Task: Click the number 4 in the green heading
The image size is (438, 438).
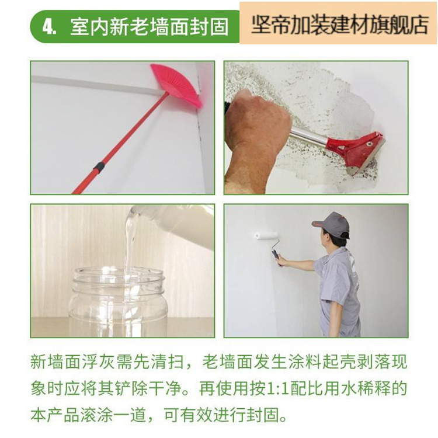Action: pos(48,27)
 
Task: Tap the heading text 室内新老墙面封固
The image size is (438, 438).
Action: pos(149,27)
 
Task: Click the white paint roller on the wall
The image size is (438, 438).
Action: pos(266,236)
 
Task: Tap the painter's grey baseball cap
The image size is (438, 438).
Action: pos(332,224)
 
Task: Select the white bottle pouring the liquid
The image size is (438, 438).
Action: pos(179,224)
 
